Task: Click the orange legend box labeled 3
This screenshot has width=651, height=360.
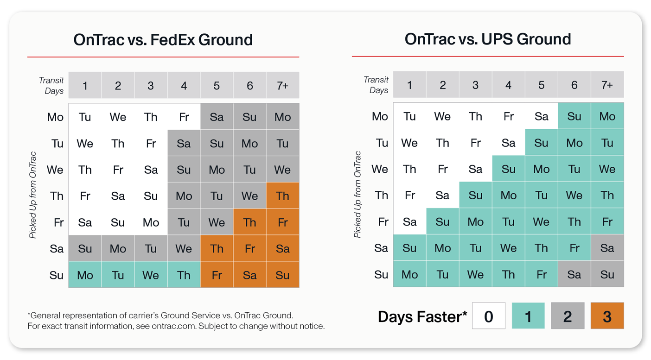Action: [x=607, y=316]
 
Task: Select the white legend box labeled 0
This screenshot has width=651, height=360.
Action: [x=489, y=316]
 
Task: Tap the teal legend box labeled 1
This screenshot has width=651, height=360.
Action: [x=528, y=316]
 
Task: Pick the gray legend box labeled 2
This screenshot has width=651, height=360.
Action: [x=568, y=316]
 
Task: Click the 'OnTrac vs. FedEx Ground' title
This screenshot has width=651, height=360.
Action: [x=163, y=39]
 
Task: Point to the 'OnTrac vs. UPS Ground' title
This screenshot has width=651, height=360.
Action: [x=487, y=39]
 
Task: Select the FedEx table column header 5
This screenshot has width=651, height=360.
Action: [x=217, y=85]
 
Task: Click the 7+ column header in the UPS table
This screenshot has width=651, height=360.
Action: [x=607, y=85]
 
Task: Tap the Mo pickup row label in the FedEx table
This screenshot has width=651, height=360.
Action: [x=55, y=117]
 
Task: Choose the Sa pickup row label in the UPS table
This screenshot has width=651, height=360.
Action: [x=381, y=248]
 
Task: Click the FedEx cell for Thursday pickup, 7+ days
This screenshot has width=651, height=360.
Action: [x=282, y=196]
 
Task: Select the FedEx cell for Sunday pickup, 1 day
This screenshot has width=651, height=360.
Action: [x=85, y=275]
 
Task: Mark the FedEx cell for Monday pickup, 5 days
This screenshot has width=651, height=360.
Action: [x=217, y=117]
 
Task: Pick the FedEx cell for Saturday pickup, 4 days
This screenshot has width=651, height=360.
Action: [x=184, y=248]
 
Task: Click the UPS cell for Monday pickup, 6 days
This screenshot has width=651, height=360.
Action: [x=574, y=116]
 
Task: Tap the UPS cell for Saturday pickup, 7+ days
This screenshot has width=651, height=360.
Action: [x=607, y=248]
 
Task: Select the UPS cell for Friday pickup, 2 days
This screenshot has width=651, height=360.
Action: [x=442, y=221]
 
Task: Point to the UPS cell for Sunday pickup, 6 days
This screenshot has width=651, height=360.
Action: [x=574, y=274]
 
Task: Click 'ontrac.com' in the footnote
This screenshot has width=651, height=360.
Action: [x=177, y=326]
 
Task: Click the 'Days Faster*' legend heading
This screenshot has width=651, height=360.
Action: [x=422, y=316]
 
